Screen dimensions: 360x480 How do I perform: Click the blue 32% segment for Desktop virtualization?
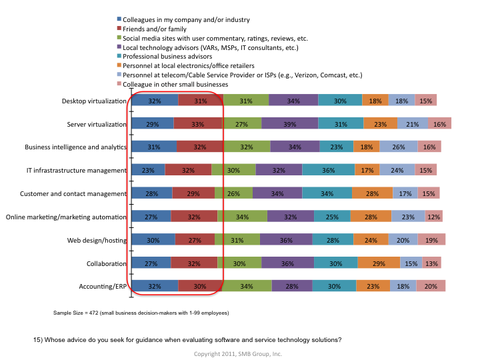[155, 101]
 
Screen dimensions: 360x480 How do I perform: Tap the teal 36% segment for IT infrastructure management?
[328, 170]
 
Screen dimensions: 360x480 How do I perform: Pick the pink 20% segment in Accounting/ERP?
[431, 286]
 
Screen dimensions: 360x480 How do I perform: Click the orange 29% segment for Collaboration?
[379, 263]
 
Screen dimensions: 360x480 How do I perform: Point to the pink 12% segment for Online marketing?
[434, 217]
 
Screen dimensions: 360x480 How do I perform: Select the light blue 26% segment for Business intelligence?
[399, 147]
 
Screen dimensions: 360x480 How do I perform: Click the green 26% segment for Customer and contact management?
[233, 193]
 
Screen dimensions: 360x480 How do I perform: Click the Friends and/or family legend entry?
[154, 29]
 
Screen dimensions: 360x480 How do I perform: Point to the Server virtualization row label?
[96, 124]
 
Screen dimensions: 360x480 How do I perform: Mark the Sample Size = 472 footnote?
[141, 313]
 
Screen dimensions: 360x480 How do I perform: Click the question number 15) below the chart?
[38, 339]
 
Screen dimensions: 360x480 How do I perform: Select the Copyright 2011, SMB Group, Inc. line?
[238, 353]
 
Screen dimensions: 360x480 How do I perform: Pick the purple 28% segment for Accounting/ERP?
[292, 286]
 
